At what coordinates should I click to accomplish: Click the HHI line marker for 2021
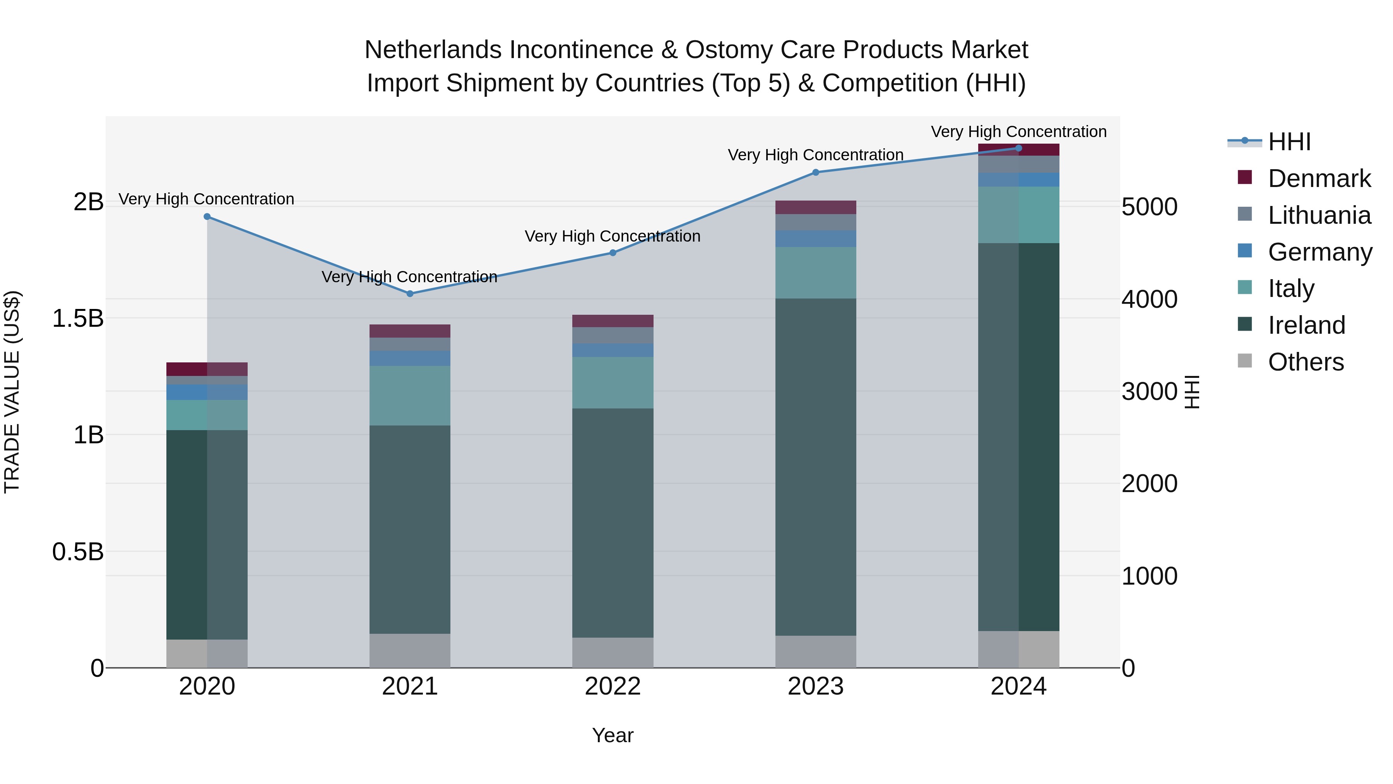click(x=409, y=294)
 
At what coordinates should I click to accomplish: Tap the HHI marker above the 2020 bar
click(x=207, y=216)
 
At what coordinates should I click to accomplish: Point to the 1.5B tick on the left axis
click(x=78, y=318)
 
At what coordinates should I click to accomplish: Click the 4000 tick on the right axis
click(x=1149, y=299)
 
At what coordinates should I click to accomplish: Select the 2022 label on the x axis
click(x=613, y=686)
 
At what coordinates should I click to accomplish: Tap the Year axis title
click(x=613, y=735)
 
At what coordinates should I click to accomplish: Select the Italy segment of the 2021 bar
click(x=409, y=396)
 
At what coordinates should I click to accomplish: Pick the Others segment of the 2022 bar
click(x=613, y=652)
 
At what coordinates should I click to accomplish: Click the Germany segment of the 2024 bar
click(x=1019, y=180)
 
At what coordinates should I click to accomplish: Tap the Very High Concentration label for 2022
click(x=613, y=237)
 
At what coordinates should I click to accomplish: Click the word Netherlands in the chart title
click(x=433, y=50)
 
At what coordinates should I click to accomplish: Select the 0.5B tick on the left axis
click(x=78, y=552)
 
